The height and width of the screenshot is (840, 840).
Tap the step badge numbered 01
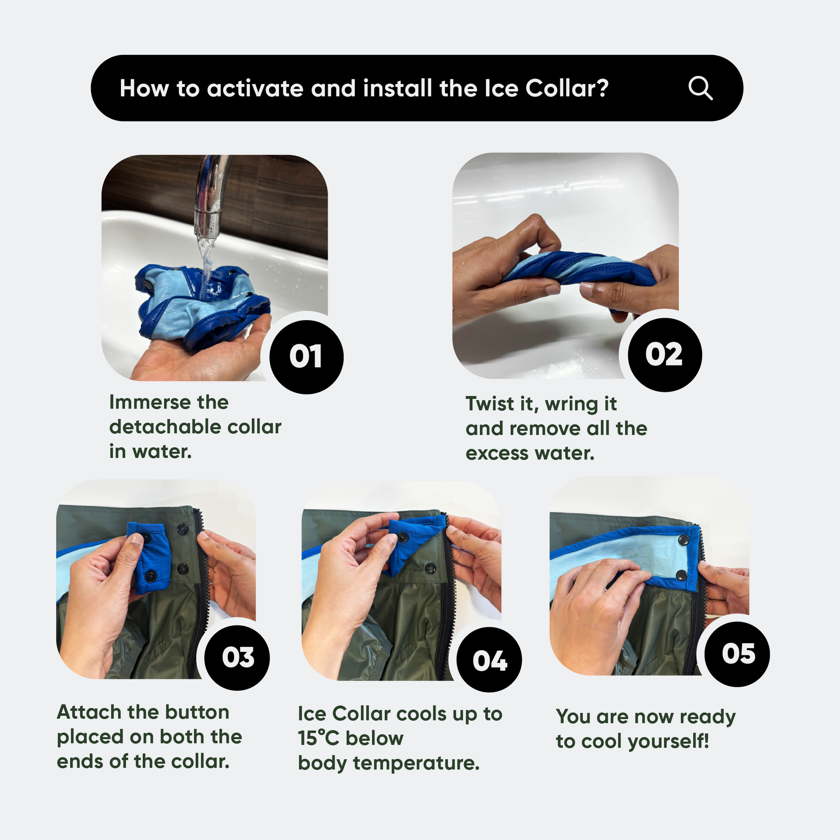click(x=306, y=357)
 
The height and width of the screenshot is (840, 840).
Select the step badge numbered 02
click(x=665, y=355)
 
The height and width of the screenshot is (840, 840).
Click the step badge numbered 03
click(x=237, y=658)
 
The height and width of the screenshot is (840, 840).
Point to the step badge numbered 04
click(x=489, y=660)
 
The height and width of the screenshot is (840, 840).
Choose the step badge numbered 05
click(x=737, y=654)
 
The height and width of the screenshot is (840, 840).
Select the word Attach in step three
click(x=89, y=713)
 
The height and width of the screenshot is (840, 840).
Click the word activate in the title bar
click(x=255, y=89)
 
